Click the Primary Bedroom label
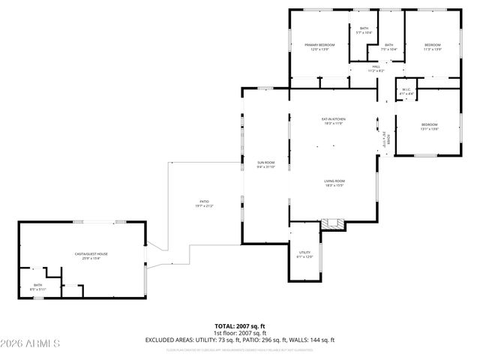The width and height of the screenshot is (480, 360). [x=319, y=47]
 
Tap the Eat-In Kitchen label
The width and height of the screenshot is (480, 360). [x=333, y=121]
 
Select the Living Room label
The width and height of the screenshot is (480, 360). [x=334, y=183]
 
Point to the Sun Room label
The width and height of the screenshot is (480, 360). [x=266, y=164]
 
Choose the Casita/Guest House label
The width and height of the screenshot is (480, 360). [x=91, y=256]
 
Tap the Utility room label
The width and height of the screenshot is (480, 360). [x=304, y=254]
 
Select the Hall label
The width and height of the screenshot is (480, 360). [x=376, y=68]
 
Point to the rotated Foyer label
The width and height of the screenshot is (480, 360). [x=384, y=139]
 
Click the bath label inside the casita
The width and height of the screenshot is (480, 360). [x=37, y=287]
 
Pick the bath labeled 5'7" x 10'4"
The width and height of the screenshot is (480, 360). [x=364, y=30]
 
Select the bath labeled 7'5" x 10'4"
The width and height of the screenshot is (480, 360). [x=388, y=47]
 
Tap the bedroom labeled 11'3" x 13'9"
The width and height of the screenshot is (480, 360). [x=433, y=47]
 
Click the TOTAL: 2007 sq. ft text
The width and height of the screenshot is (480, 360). [x=239, y=326]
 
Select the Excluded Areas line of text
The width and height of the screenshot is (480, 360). [x=239, y=340]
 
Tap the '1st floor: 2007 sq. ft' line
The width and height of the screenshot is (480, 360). [x=239, y=333]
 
